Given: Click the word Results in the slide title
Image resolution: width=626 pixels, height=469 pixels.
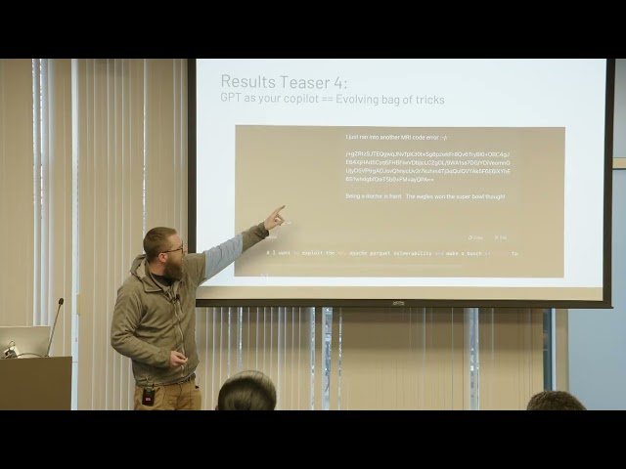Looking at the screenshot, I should pyautogui.click(x=246, y=82).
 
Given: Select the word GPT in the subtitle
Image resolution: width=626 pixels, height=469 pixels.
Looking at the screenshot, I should pyautogui.click(x=234, y=100).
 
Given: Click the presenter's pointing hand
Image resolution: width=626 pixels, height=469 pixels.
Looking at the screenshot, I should pyautogui.click(x=275, y=217).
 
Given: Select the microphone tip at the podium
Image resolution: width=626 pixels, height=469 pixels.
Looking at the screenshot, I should pyautogui.click(x=60, y=302).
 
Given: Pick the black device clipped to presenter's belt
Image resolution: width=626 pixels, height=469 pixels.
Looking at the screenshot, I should pyautogui.click(x=148, y=396).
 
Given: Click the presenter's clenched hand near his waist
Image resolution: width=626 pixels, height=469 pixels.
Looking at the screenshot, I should pyautogui.click(x=177, y=359).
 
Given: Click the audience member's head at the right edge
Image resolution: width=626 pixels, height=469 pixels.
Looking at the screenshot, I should pyautogui.click(x=555, y=401).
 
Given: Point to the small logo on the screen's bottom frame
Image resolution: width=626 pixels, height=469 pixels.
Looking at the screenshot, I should pyautogui.click(x=398, y=303).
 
